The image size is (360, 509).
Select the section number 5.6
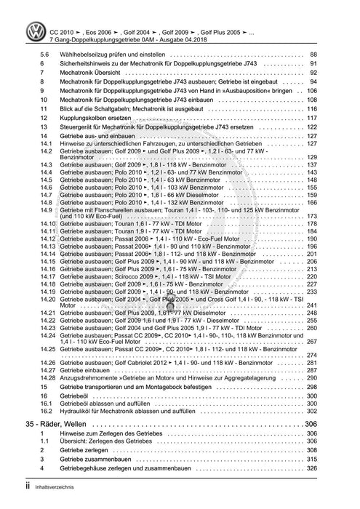coord(44,55)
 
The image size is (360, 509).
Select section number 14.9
coord(47,209)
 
